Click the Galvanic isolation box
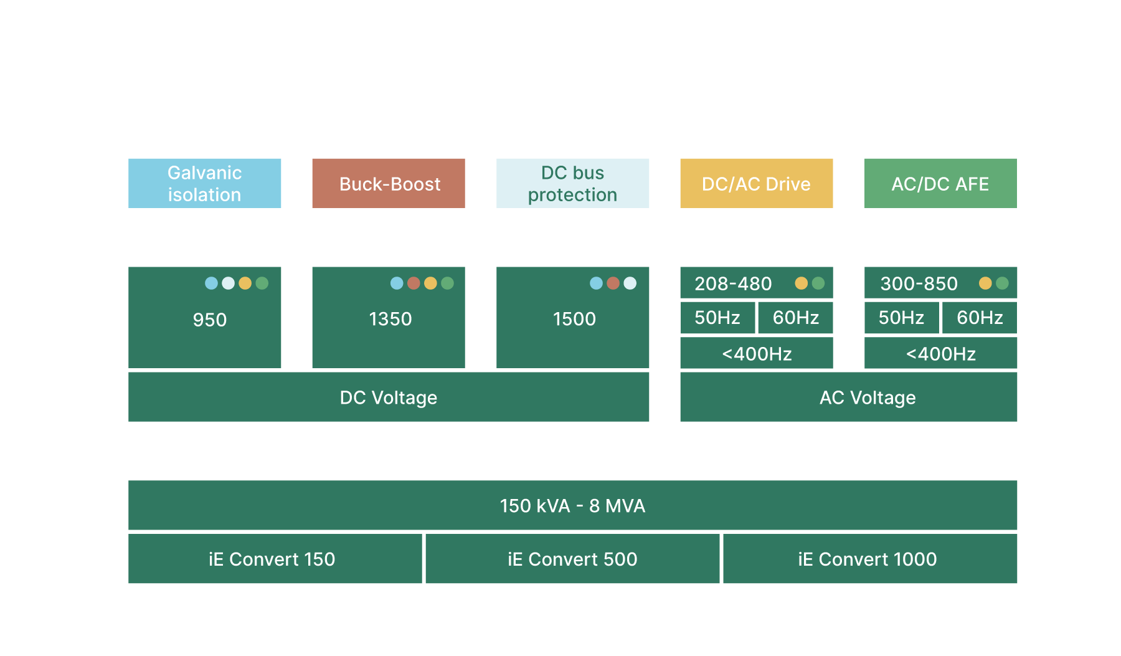point(204,183)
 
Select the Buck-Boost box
point(389,183)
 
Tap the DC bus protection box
point(572,183)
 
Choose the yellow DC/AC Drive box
point(757,183)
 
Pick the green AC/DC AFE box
point(940,183)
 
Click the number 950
point(210,320)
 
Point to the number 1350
point(390,319)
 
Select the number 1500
point(574,319)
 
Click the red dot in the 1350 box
point(414,283)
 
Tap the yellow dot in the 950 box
point(245,283)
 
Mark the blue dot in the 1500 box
point(597,283)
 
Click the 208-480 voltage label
point(733,283)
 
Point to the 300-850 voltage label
point(919,283)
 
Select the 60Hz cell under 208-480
point(796,318)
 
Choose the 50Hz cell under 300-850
point(902,318)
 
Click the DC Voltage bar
point(389,397)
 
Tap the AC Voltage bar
point(849,397)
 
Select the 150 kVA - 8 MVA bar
point(572,505)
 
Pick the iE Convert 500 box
point(572,559)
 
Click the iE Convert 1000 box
point(870,559)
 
